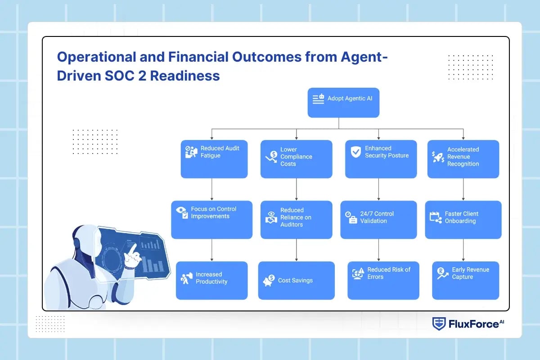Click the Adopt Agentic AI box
pos(343,103)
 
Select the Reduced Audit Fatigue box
pos(214,159)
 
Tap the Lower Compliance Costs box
pos(296,159)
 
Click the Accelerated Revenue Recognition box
pos(463,159)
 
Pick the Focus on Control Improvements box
pos(211,220)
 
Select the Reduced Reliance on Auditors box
pos(296,220)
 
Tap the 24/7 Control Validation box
pos(378,220)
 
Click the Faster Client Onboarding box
pos(463,220)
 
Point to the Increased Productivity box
pos(211,280)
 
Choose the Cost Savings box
pos(296,280)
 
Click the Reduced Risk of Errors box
pos(383,280)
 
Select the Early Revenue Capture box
pos(465,280)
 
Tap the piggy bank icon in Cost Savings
pos(269,280)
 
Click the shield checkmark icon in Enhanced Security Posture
pos(355,152)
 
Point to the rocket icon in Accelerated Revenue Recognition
pos(438,157)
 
